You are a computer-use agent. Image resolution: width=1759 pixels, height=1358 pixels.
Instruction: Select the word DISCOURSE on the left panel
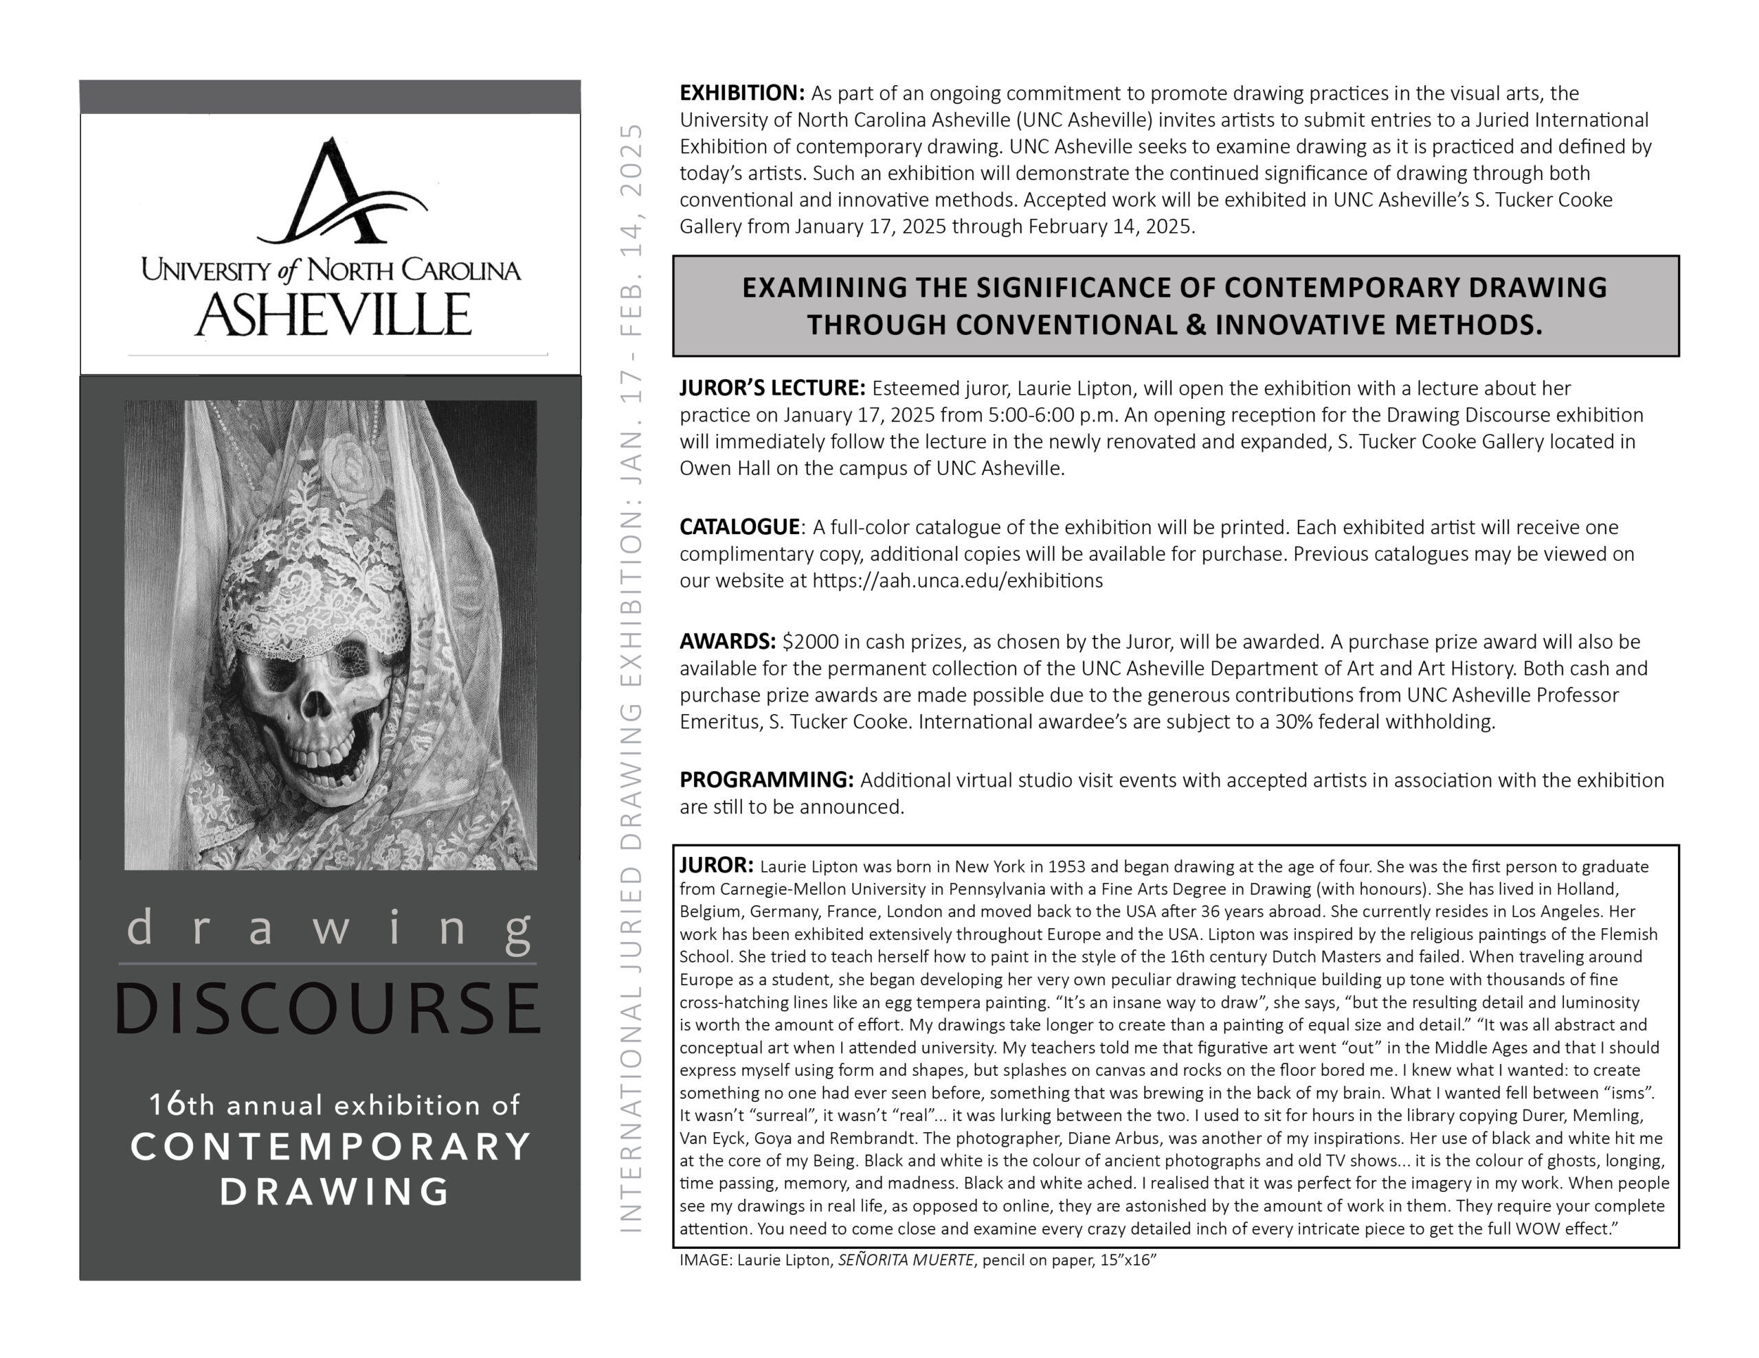[x=328, y=1008]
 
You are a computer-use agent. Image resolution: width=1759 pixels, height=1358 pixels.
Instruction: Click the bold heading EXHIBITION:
[x=741, y=93]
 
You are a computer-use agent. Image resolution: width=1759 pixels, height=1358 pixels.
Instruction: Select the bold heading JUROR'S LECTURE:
[x=772, y=388]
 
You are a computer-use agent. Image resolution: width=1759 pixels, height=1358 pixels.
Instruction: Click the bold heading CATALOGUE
[x=739, y=527]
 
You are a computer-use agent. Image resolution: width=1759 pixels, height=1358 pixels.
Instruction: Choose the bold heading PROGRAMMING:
[x=765, y=780]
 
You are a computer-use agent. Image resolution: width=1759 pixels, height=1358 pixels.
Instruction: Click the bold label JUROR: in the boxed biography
[x=716, y=865]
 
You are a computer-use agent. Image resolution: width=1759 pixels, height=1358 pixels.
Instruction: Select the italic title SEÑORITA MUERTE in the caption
[x=906, y=1260]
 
